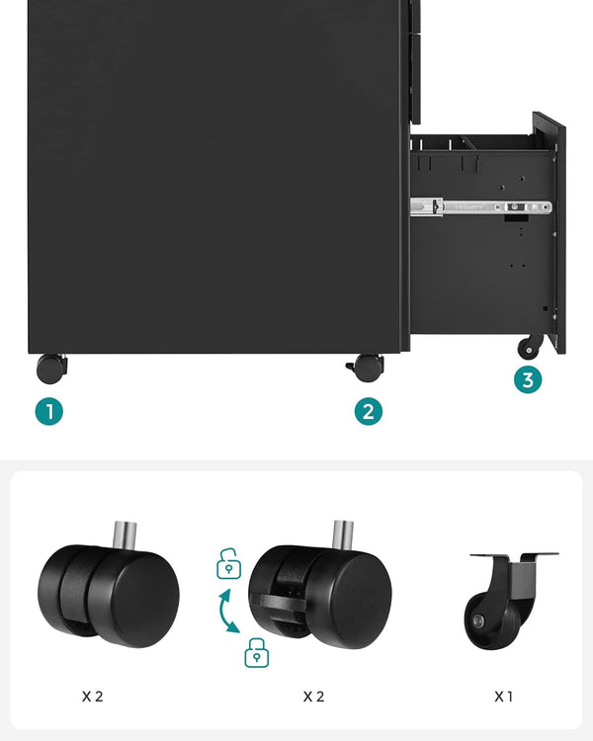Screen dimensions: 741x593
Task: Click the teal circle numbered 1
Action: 48,411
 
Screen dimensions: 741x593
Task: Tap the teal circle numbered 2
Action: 369,411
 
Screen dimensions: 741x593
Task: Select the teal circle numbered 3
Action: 528,379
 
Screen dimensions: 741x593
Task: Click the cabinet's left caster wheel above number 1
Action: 51,369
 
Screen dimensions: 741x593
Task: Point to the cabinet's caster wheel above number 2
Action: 367,368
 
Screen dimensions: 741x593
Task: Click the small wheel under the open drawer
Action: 531,347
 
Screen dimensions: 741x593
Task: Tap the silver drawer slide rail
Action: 480,207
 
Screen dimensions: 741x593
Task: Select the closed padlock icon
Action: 256,653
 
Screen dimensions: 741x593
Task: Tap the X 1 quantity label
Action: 504,697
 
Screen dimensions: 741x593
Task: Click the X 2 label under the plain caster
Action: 92,697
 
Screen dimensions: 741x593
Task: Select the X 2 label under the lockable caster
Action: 313,697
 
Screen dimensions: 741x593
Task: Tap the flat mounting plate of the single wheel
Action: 514,556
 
